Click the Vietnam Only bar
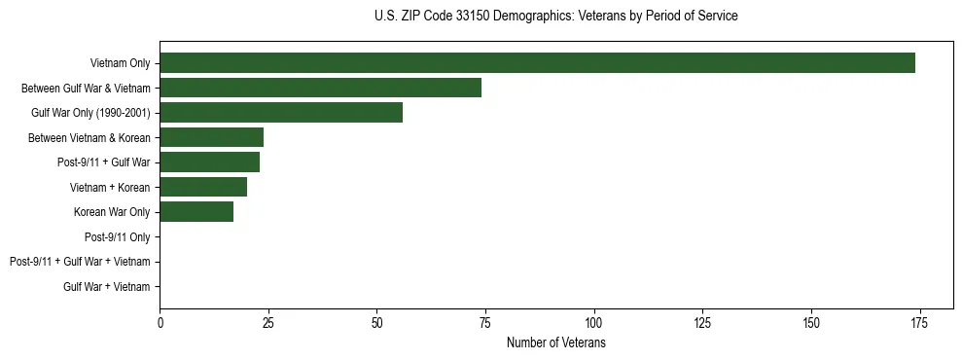coord(537,63)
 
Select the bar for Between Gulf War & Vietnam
coord(320,88)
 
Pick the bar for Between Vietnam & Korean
coord(211,137)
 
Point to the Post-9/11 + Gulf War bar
coord(209,162)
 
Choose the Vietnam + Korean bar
coord(203,187)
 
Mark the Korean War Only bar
coord(196,212)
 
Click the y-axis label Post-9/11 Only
coord(117,236)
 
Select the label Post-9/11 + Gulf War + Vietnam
coord(80,262)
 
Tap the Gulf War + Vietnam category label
coord(107,286)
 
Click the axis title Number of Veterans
coord(556,343)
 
